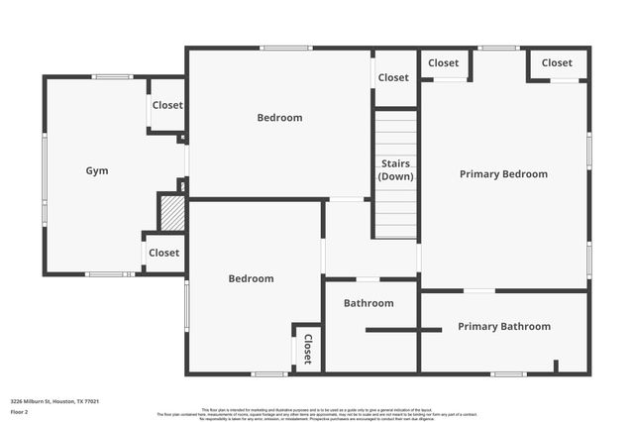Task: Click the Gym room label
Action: (96, 170)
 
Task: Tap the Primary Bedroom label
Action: (503, 174)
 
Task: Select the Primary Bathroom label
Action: (503, 326)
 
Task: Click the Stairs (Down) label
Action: (395, 169)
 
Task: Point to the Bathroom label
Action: (369, 303)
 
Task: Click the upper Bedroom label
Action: (279, 118)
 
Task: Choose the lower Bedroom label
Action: (251, 278)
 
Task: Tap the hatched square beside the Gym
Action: (172, 213)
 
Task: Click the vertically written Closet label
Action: (307, 349)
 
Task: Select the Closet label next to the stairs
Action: (393, 77)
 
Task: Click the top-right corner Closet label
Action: (557, 63)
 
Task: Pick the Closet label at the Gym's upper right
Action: (167, 105)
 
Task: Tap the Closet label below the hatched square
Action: (163, 253)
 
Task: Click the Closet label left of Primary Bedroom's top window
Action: (443, 63)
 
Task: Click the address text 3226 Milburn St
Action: (54, 401)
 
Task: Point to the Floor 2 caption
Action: (21, 411)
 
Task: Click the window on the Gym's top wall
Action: (113, 76)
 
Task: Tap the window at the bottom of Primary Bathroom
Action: (507, 373)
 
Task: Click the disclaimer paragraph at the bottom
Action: (317, 414)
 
